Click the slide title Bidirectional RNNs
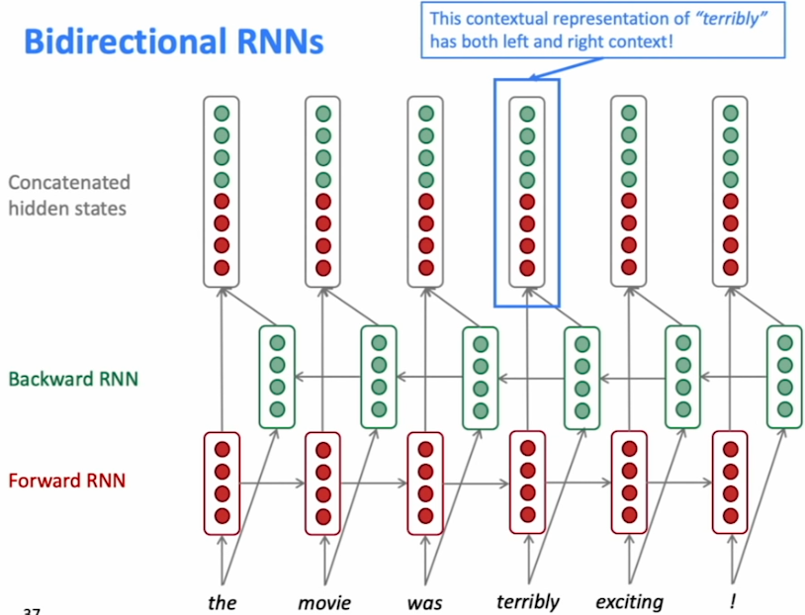coord(173,43)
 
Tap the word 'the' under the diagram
coord(223,601)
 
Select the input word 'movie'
coord(323,601)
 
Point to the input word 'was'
coord(424,601)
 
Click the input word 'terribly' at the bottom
coord(527,601)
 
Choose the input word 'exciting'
coord(629,601)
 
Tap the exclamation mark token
coord(732,601)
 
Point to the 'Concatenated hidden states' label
coord(69,195)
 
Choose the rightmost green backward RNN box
coord(784,377)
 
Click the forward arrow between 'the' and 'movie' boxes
coord(272,483)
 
